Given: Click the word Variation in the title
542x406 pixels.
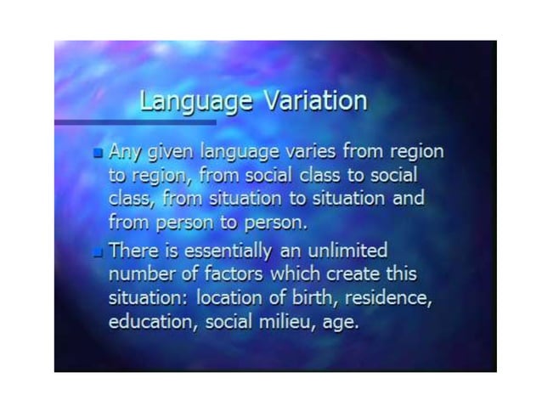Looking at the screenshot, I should click(x=315, y=101).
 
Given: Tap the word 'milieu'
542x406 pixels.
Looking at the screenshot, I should click(x=281, y=323).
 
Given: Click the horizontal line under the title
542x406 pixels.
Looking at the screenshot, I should click(x=136, y=122).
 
